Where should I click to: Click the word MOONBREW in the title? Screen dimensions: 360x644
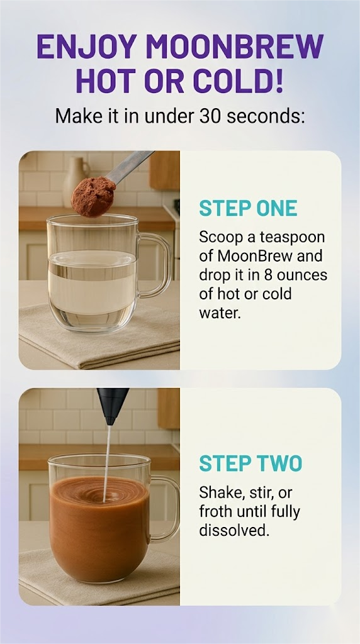click(x=234, y=47)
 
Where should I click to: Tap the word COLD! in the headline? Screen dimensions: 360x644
click(x=239, y=81)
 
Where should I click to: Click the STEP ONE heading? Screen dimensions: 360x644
click(x=248, y=208)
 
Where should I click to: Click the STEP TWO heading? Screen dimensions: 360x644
click(x=250, y=464)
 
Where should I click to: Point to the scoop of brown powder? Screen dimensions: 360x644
click(x=93, y=196)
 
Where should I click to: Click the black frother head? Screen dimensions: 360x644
click(x=113, y=406)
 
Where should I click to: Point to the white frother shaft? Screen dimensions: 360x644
click(x=107, y=464)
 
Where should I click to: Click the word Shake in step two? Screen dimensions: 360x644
click(x=222, y=492)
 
